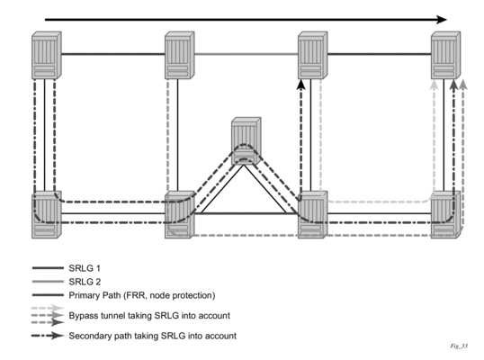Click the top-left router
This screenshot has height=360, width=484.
[x=47, y=55]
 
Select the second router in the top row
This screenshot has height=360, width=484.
[x=180, y=55]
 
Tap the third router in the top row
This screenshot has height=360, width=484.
[x=313, y=55]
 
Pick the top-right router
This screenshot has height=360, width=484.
[x=445, y=55]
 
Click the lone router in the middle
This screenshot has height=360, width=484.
[x=246, y=140]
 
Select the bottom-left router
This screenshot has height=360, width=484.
[x=47, y=214]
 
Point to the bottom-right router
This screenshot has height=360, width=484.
[x=445, y=214]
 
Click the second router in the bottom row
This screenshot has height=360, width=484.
[x=180, y=214]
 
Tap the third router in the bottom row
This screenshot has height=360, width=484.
[x=313, y=214]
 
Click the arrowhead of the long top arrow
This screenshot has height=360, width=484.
[x=442, y=20]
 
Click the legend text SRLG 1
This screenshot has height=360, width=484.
[x=85, y=268]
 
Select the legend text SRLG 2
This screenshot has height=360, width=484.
[x=85, y=282]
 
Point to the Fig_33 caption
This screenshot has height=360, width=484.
[x=459, y=346]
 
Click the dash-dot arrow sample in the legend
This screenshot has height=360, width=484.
[x=48, y=336]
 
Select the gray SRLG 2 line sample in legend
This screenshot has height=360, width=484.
[x=48, y=282]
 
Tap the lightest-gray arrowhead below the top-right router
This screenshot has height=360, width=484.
[x=435, y=85]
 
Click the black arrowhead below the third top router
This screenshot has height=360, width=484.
[x=301, y=85]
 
